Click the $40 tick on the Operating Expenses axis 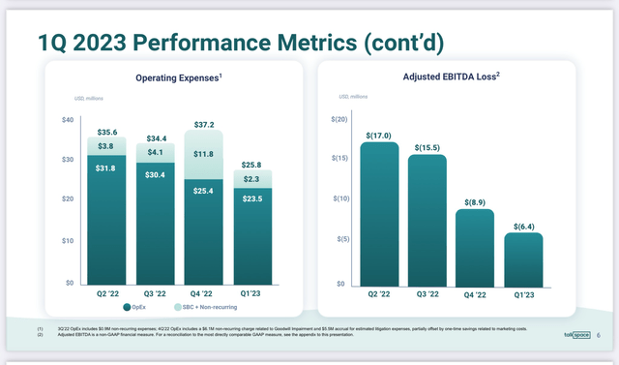(67, 119)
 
